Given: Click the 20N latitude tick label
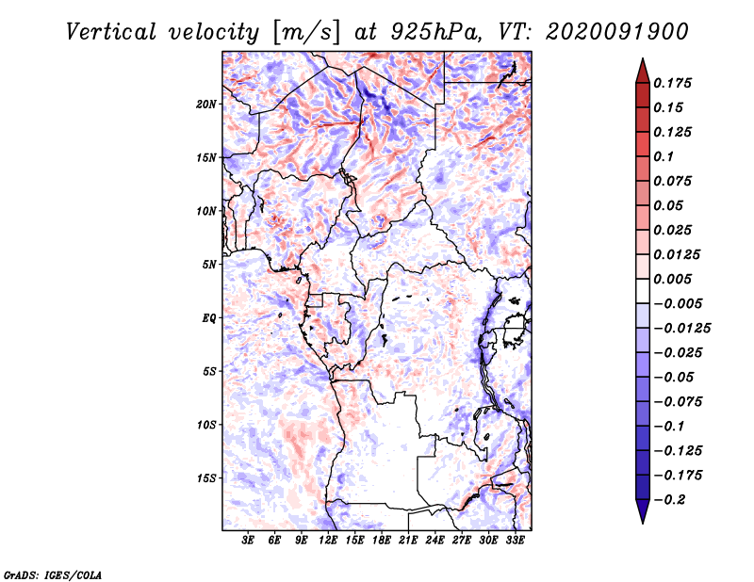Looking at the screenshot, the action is (206, 105).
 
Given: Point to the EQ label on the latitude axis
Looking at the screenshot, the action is (209, 318).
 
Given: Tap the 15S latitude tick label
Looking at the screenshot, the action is (206, 478).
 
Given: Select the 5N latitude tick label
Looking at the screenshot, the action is (209, 265).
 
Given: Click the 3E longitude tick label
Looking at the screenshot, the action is (248, 540).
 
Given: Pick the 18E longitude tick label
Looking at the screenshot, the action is (382, 540).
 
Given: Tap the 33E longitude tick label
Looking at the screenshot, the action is (515, 540).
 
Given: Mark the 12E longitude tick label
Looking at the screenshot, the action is (328, 540).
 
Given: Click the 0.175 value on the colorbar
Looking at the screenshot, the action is (672, 83).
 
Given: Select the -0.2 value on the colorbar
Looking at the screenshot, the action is (670, 500).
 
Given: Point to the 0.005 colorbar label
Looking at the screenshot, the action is (672, 279).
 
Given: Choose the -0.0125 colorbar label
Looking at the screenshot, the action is (681, 329).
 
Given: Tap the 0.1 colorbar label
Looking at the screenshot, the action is (664, 156).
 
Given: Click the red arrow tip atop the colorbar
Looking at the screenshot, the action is (643, 59).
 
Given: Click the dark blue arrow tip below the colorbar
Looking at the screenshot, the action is (643, 523).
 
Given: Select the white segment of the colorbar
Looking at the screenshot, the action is (643, 291).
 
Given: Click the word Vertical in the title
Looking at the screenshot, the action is (111, 32).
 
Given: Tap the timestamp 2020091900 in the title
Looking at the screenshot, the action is (616, 32).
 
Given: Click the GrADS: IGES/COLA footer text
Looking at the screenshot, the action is (53, 575).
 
